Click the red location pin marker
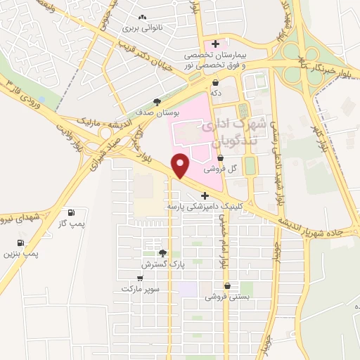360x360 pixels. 181,165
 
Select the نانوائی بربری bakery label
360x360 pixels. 143,29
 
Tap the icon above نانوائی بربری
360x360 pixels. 143,17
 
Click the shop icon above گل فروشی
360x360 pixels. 221,157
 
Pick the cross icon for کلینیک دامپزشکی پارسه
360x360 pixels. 205,195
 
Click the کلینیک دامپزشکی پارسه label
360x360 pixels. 203,207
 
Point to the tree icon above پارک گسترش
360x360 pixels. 162,252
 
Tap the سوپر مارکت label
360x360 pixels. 141,288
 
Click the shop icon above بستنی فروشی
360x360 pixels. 227,285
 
